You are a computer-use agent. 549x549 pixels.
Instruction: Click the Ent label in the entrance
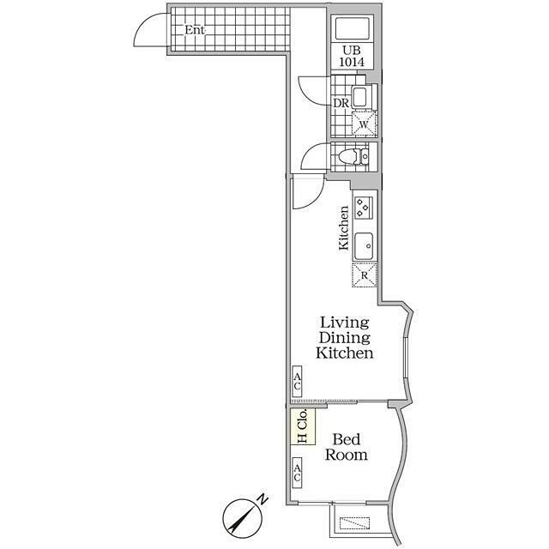[195, 30]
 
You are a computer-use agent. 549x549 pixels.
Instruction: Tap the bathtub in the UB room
[353, 28]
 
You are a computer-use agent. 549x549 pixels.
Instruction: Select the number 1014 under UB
[352, 62]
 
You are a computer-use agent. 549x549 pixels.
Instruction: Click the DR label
[341, 103]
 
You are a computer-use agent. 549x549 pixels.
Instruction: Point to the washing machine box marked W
[364, 124]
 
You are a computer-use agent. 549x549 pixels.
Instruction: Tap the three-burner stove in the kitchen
[363, 208]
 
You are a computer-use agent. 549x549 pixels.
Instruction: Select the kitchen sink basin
[364, 246]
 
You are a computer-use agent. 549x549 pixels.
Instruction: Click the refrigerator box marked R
[364, 275]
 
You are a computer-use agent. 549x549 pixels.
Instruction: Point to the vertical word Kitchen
[344, 228]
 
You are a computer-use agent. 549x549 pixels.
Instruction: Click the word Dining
[345, 338]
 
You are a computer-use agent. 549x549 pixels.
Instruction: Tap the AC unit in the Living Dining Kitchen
[297, 381]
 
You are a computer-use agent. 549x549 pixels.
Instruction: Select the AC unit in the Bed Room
[297, 473]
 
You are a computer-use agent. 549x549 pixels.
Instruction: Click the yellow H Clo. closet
[303, 425]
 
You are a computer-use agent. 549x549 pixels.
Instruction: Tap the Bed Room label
[347, 447]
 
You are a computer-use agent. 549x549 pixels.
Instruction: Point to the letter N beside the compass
[262, 499]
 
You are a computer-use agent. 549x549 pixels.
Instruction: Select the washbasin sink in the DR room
[359, 97]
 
